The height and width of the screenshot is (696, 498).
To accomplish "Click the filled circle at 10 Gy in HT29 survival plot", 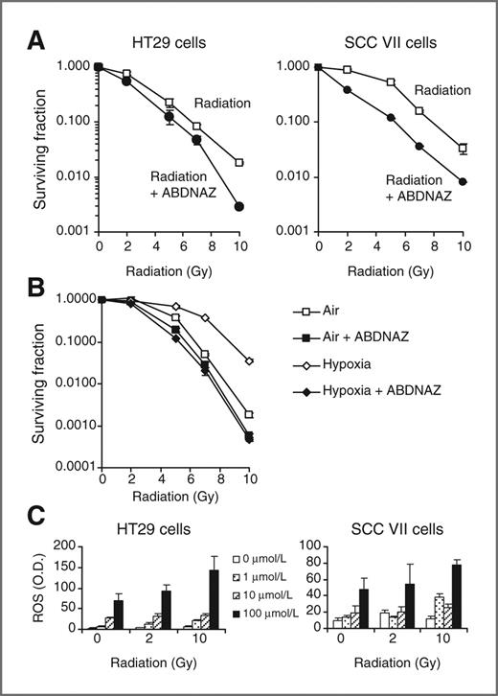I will (x=238, y=206).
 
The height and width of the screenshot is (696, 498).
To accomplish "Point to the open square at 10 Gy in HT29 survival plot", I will (x=238, y=162).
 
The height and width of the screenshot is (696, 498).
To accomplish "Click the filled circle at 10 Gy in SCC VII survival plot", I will (x=464, y=181).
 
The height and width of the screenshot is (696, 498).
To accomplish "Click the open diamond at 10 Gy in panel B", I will (x=249, y=361).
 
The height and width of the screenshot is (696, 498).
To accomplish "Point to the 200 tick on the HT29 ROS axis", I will (x=71, y=545).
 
